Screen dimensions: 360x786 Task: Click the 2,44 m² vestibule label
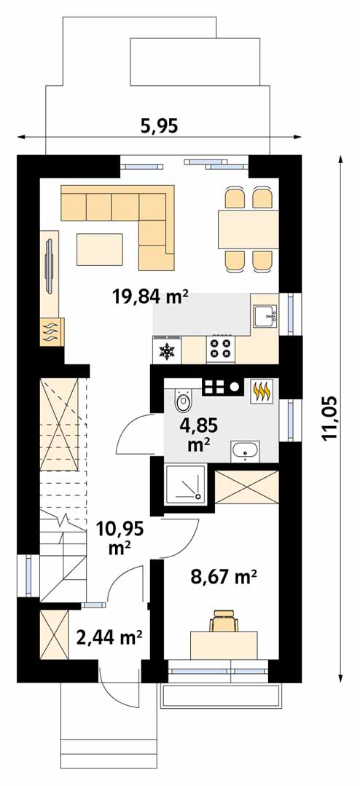pyautogui.click(x=109, y=637)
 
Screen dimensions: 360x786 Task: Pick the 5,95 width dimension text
pyautogui.click(x=159, y=126)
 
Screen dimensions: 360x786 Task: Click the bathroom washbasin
pyautogui.click(x=245, y=451)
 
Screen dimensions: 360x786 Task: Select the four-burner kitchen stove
pyautogui.click(x=221, y=348)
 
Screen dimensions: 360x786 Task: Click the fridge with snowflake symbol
pyautogui.click(x=166, y=350)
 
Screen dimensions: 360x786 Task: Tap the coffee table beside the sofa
pyautogui.click(x=99, y=249)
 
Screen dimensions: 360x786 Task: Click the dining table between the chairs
pyautogui.click(x=248, y=229)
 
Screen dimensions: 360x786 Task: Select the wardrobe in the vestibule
pyautogui.click(x=53, y=637)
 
